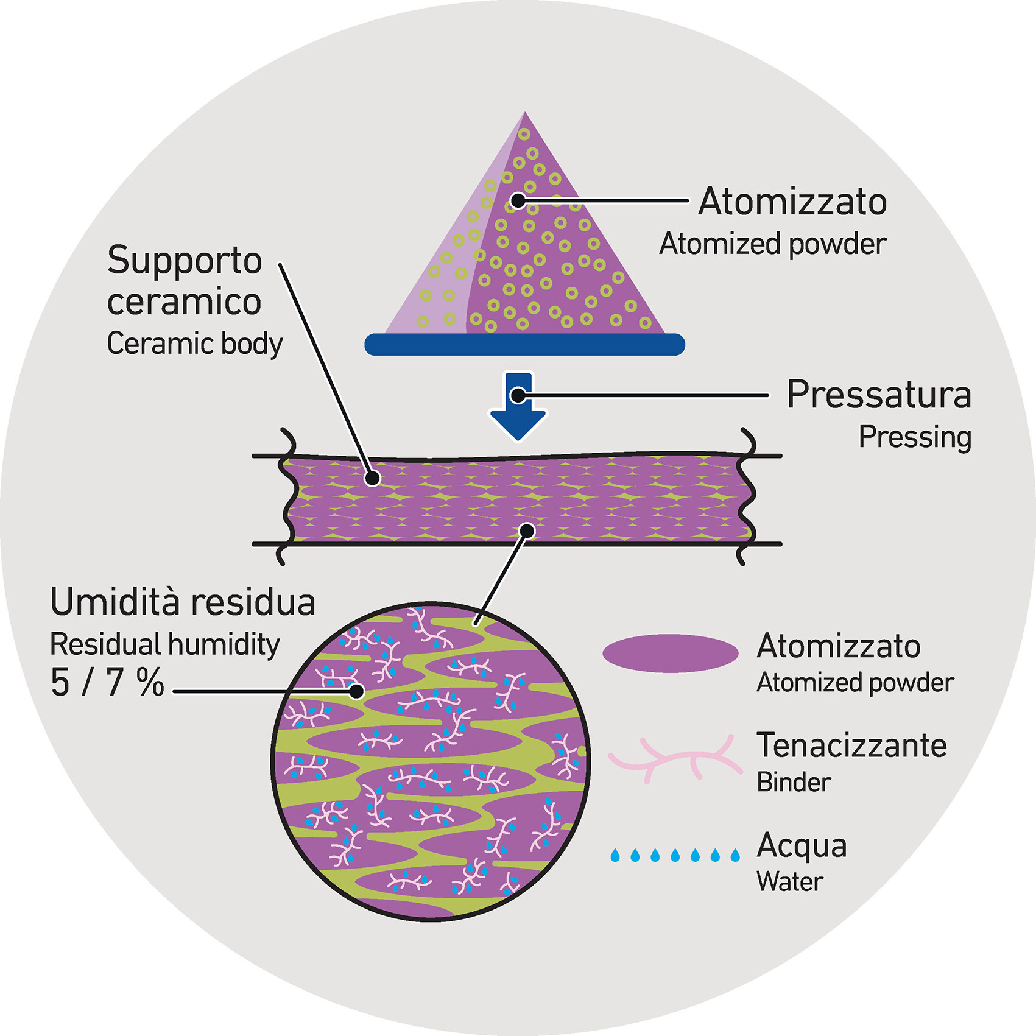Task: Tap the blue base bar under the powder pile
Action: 524,344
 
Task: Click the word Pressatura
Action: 878,395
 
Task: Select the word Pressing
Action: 914,437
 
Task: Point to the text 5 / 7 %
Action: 107,683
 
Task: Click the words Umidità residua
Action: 183,602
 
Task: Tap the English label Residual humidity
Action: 164,644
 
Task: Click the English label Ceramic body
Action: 195,344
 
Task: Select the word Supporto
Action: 185,260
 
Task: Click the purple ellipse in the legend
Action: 670,653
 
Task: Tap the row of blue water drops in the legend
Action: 675,855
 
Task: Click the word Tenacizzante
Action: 851,745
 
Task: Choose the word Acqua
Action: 802,845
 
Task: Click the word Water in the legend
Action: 790,881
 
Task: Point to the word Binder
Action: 794,782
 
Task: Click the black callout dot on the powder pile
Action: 518,200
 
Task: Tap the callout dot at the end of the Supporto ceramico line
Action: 372,479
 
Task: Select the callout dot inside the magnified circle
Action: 357,691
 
